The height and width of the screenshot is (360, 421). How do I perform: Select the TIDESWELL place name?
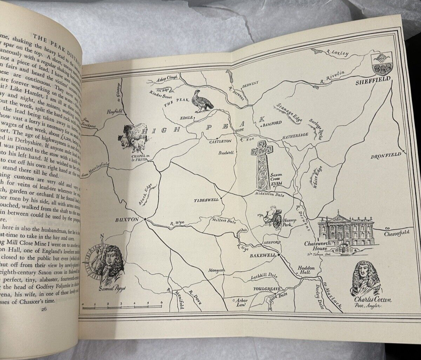(x=206, y=200)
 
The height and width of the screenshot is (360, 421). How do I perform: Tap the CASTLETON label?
(x=220, y=141)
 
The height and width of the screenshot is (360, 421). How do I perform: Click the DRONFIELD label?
(x=386, y=156)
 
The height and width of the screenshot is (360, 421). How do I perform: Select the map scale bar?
(x=122, y=307)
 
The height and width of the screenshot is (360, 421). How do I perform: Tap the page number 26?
(x=44, y=309)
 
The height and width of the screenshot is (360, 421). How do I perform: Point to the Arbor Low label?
(x=240, y=302)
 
